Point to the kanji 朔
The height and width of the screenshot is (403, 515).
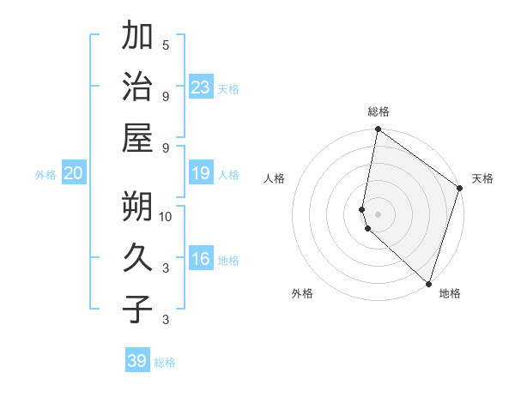click(x=136, y=205)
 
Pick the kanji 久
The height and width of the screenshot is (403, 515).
click(x=136, y=256)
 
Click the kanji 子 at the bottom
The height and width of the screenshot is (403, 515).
click(x=136, y=309)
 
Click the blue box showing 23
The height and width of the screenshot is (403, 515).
click(x=200, y=87)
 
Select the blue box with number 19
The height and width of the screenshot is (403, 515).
click(x=200, y=173)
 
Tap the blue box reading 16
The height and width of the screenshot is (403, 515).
click(x=200, y=259)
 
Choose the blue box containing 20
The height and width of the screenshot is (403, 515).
click(x=73, y=173)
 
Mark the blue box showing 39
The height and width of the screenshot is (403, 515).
click(x=136, y=361)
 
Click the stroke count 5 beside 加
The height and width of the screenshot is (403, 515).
click(x=166, y=45)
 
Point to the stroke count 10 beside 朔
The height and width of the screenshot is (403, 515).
click(x=166, y=215)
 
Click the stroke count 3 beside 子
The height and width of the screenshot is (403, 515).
click(x=166, y=321)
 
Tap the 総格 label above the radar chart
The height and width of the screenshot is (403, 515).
click(x=379, y=111)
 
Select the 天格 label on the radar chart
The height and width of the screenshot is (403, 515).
click(x=482, y=178)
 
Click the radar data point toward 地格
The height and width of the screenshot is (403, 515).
click(x=428, y=283)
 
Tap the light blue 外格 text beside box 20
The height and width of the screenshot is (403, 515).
click(x=45, y=175)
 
